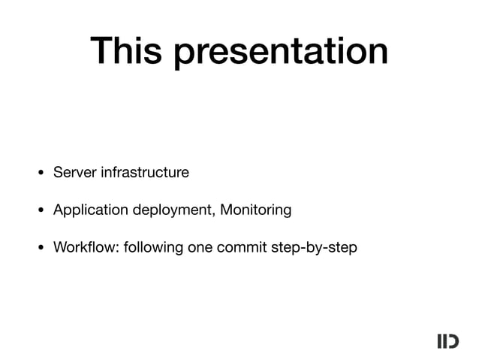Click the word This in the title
pos(128,51)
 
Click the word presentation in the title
pos(282,53)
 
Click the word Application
pos(91,210)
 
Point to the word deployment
pos(175,210)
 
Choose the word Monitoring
pos(256,210)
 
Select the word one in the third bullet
pos(200,247)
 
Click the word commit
pos(241,247)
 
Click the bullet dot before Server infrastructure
pos(41,174)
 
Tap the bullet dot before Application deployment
pos(41,211)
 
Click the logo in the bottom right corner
pos(447,341)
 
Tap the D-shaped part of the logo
pos(453,341)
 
